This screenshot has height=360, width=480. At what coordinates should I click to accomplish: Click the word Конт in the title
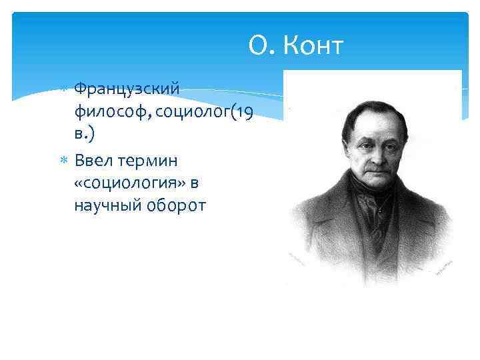point(313,46)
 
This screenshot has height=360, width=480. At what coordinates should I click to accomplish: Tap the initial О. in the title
point(261,46)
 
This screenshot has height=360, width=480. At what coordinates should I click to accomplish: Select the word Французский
point(127,89)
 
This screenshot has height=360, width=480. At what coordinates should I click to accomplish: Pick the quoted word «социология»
point(126,183)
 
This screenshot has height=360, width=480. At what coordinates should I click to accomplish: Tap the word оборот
point(176,205)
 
